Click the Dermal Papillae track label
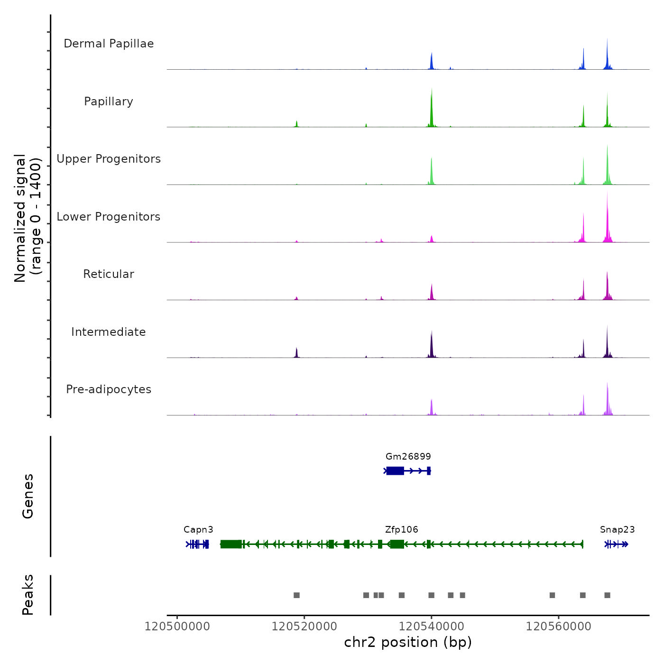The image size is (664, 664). coord(109,44)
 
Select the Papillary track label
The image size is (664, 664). coord(109,101)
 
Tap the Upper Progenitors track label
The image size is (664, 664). coord(109,159)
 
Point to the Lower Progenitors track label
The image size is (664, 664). coord(109,217)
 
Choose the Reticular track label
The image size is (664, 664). coord(109,274)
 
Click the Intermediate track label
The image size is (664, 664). coord(109,332)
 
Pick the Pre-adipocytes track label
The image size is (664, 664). coord(109,389)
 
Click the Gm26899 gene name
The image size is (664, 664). coord(408,457)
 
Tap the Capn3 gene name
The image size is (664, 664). coord(198,530)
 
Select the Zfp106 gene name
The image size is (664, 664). coord(401,530)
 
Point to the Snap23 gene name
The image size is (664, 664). coord(617,530)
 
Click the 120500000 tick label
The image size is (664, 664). coord(177,627)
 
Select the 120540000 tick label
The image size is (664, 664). coord(431,627)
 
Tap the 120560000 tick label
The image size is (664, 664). coord(558,627)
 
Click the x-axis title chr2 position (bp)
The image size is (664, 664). coord(408,642)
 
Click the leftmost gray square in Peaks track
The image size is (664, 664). coord(296,595)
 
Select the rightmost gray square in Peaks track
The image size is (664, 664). coord(607,595)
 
